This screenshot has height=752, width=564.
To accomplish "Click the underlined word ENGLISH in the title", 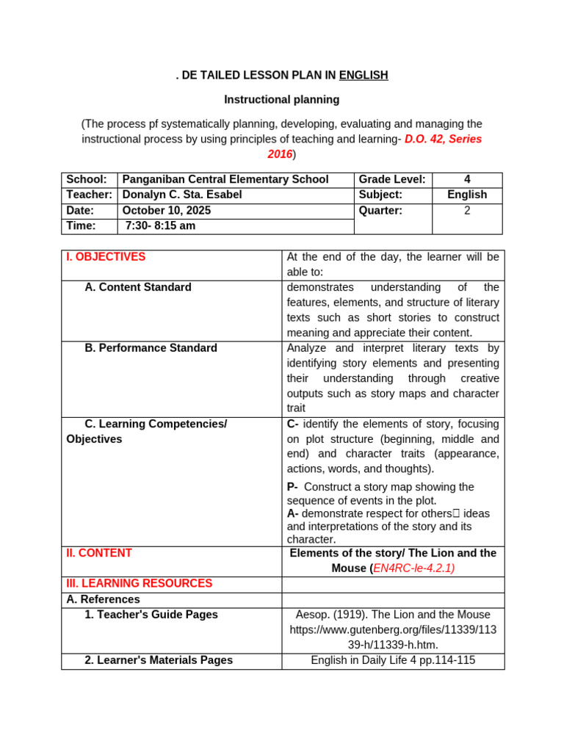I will click(x=364, y=75).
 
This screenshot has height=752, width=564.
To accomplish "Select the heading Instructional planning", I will click(x=282, y=99).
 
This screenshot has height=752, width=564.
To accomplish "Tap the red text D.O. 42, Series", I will click(x=443, y=139).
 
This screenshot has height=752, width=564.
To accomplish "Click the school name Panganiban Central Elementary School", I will click(x=225, y=179).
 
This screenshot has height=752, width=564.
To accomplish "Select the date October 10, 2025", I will click(x=167, y=210).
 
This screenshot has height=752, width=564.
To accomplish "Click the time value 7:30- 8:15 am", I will click(x=160, y=225).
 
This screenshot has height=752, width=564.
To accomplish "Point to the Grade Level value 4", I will click(x=467, y=179).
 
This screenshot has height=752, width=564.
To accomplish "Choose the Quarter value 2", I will click(x=467, y=210).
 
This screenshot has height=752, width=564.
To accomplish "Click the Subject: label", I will click(x=380, y=195).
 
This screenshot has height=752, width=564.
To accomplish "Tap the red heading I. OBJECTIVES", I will click(x=106, y=257).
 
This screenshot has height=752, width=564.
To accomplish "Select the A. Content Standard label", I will click(x=138, y=287).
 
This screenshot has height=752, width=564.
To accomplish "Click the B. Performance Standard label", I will click(x=151, y=348).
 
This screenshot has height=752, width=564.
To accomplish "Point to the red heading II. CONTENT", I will click(x=99, y=553).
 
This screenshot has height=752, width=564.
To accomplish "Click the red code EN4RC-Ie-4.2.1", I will click(x=413, y=568).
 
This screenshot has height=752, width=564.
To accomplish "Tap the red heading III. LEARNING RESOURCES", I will click(x=139, y=583).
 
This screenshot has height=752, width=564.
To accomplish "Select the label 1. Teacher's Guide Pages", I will click(x=151, y=614).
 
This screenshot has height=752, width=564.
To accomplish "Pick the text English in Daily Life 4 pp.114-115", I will click(x=393, y=660).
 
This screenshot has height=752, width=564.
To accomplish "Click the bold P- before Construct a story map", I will click(x=292, y=487).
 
